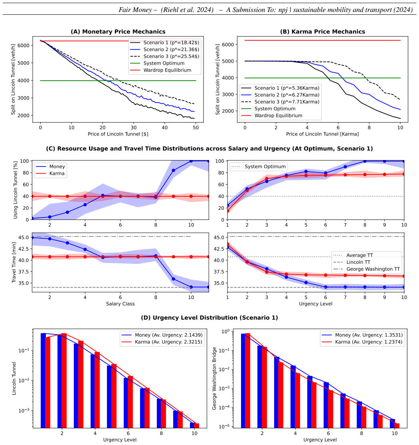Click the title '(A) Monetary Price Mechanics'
(x=118, y=32)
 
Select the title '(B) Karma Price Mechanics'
(x=322, y=32)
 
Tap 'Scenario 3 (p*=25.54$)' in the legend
(x=165, y=56)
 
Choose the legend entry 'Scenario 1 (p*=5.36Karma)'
(x=280, y=88)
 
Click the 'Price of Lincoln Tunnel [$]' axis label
(x=118, y=134)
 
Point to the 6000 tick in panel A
(x=24, y=45)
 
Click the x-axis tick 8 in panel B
(x=369, y=128)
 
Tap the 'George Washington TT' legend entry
(x=366, y=269)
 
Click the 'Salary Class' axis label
(x=120, y=304)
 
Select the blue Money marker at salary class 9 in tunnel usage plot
(x=173, y=170)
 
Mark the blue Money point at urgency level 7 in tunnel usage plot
(x=345, y=167)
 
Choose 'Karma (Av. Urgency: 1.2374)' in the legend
(x=362, y=342)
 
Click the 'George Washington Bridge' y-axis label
(x=214, y=378)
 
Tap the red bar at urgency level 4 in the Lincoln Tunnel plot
(x=97, y=390)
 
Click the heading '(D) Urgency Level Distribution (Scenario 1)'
(x=209, y=318)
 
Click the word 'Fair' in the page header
(x=125, y=10)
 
